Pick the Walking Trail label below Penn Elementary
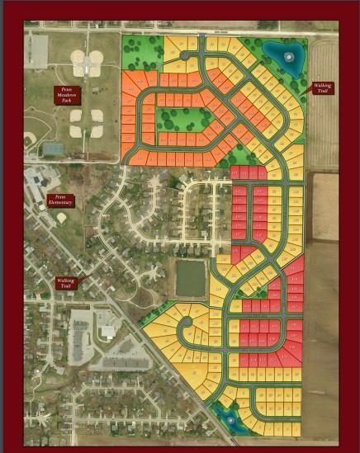pos(66,282)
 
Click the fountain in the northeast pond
pos(288,58)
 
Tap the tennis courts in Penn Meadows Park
pos(51,149)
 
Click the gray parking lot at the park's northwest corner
pos(36,50)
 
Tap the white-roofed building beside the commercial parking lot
pos(107,332)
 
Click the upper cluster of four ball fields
pos(87,59)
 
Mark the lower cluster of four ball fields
pos(86,123)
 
